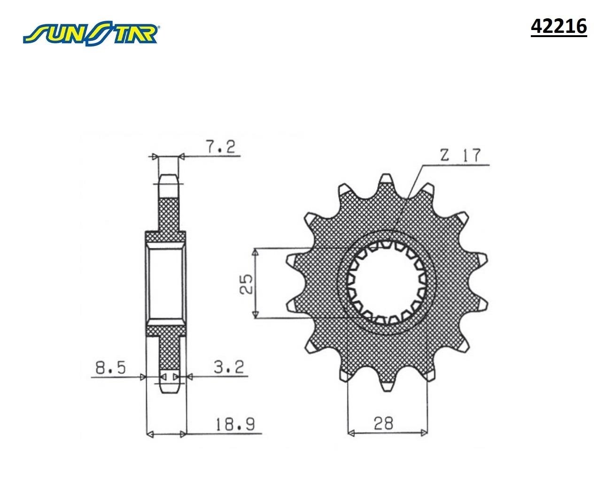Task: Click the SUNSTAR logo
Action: point(91,33)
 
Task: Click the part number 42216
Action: point(559,27)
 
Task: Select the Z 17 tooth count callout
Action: point(460,155)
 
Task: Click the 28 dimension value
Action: point(384,423)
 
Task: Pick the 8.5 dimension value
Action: point(110,368)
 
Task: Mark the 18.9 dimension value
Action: point(235,425)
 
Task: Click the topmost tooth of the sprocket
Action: point(386,180)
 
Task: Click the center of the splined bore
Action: point(386,283)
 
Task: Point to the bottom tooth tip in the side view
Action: point(169,389)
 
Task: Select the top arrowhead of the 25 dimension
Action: point(256,253)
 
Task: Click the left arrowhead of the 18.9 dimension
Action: point(150,433)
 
